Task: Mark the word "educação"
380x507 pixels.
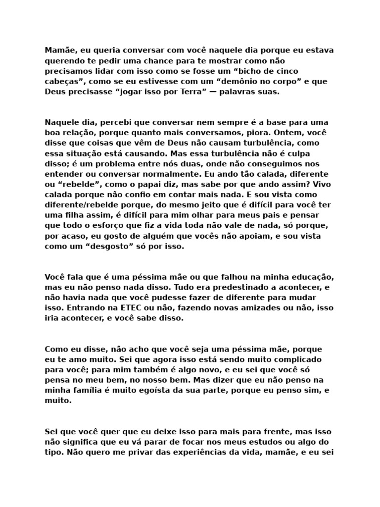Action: tap(306, 277)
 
